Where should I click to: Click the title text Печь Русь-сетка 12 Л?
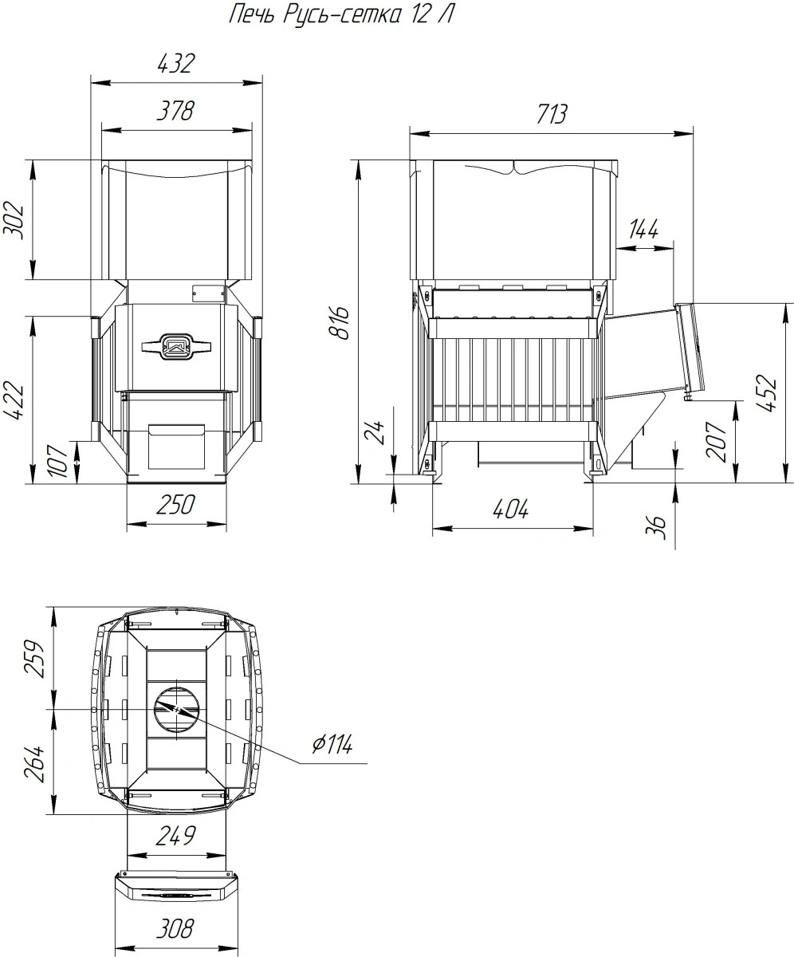pos(340,14)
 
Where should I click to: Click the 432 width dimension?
pos(176,64)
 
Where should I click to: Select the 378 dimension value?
pos(175,111)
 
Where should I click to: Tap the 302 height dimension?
pos(14,220)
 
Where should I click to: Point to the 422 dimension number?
pos(14,400)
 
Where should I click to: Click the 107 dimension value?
pos(59,461)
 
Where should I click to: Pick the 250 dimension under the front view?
pos(175,505)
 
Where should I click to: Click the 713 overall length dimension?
pos(551,114)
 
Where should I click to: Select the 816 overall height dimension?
pos(340,323)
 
